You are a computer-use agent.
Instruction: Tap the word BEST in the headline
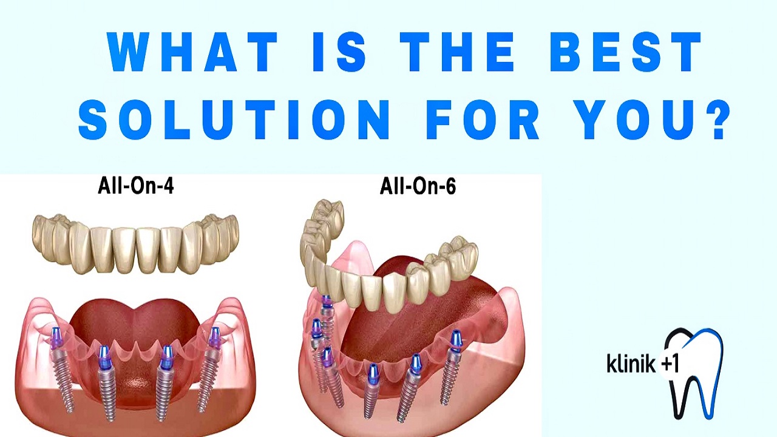point(625,52)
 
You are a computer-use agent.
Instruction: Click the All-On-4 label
point(135,186)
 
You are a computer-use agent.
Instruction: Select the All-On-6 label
point(418,186)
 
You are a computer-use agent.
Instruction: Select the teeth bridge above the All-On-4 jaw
point(135,243)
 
